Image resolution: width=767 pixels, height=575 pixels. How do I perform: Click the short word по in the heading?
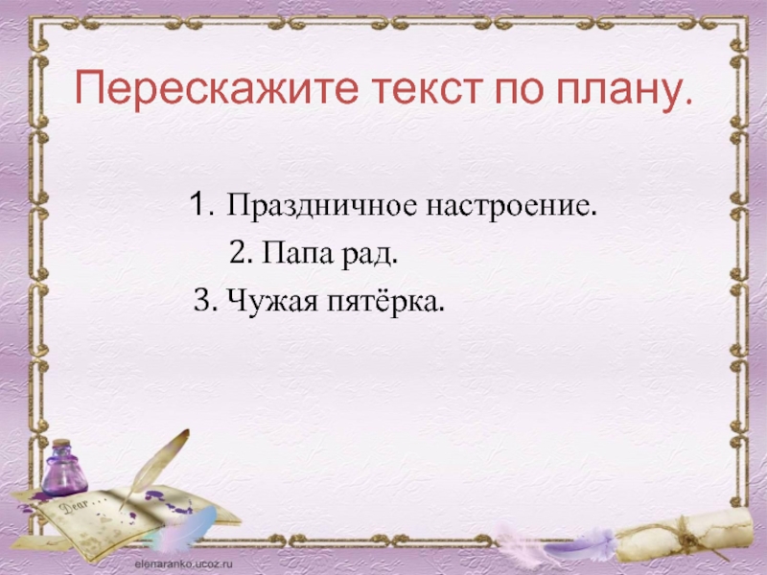[517, 92]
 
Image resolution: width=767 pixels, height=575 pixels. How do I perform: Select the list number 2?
[240, 255]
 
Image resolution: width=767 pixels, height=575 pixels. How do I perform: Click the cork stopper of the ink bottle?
[60, 445]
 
